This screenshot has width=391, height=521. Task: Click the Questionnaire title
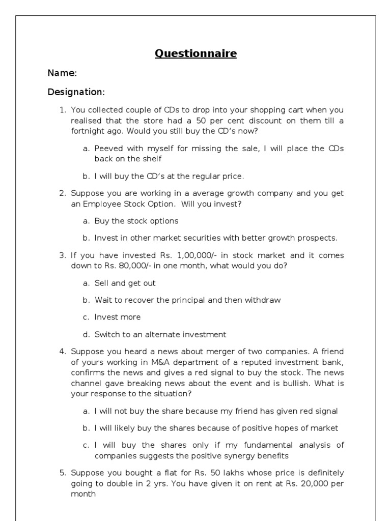[x=195, y=53]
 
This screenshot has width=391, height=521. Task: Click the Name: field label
[x=62, y=73]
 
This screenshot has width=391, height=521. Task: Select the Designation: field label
[x=76, y=92]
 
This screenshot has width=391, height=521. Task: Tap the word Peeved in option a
[x=108, y=149]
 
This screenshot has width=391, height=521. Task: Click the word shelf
[x=151, y=159]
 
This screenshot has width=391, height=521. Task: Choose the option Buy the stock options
[x=136, y=221]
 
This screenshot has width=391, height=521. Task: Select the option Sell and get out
[x=125, y=283]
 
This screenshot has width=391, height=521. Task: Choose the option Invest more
[x=118, y=317]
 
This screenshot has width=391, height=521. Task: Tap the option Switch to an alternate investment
[x=160, y=334]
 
